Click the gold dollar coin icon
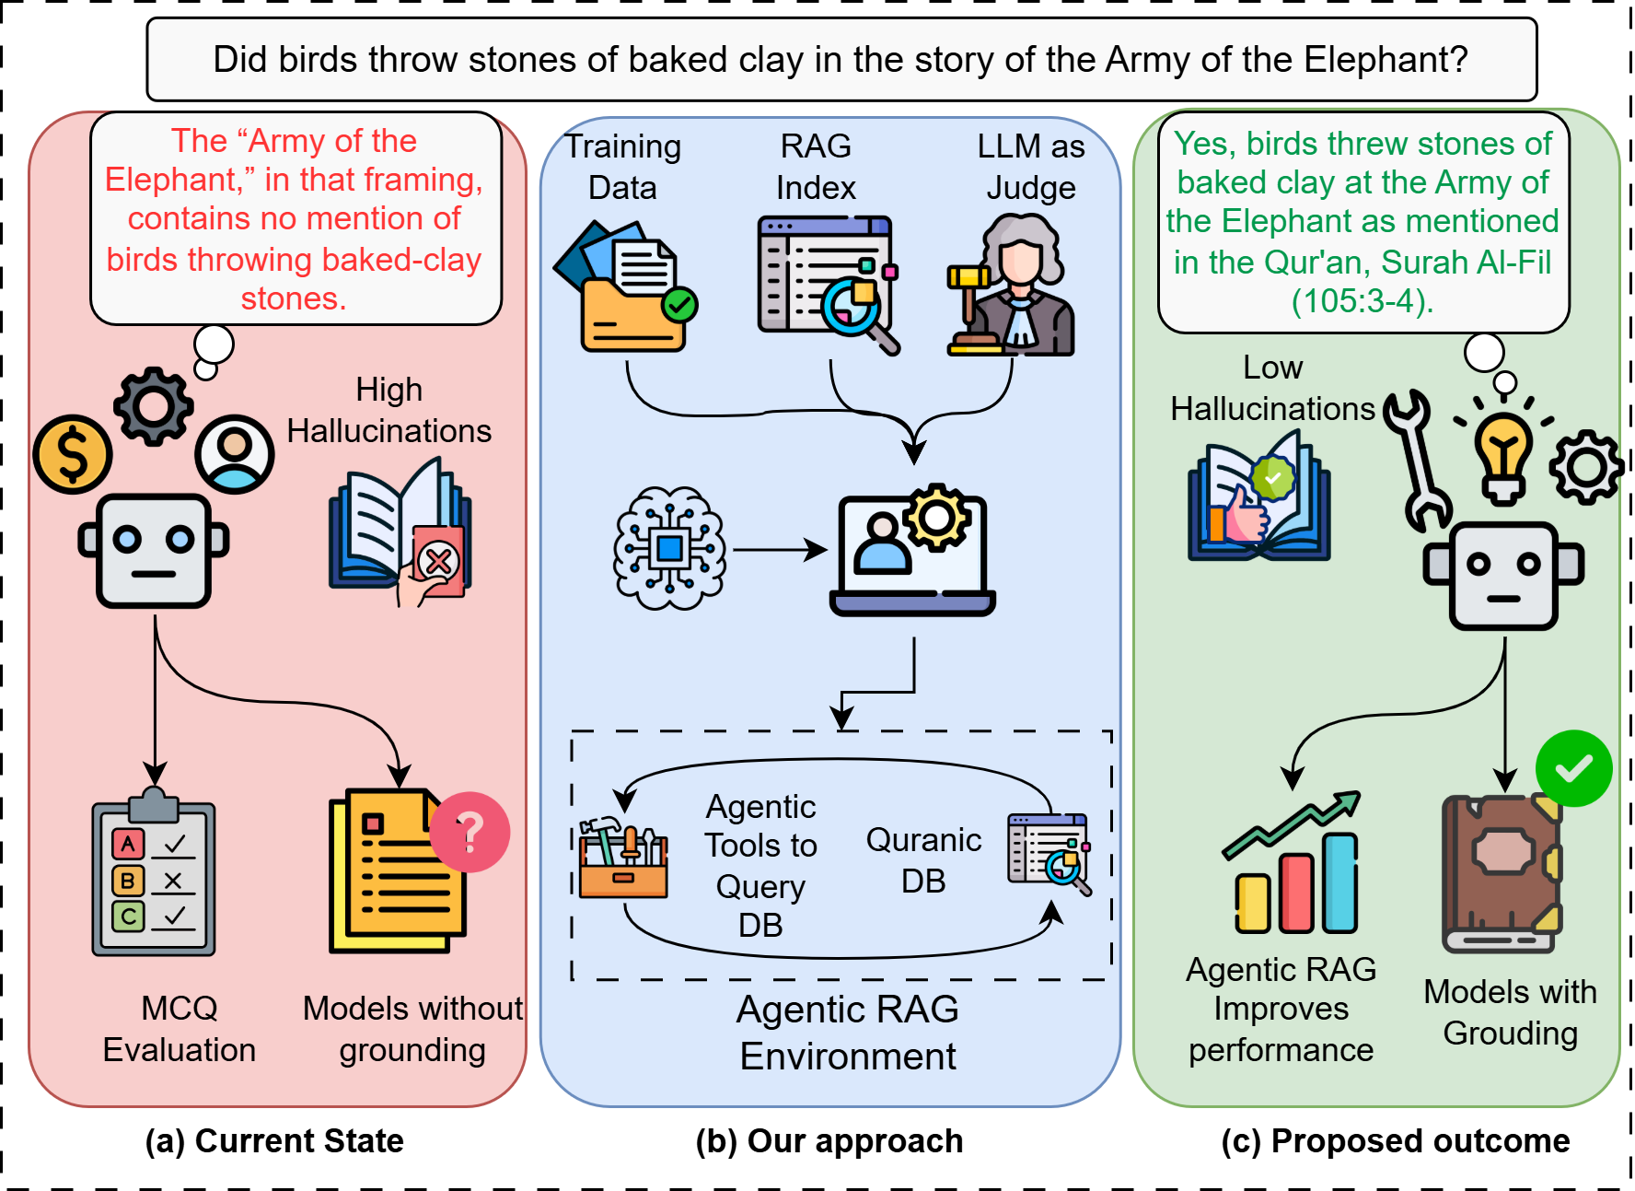tap(73, 454)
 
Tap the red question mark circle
tap(470, 832)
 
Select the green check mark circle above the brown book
tap(1573, 768)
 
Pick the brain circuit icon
tap(669, 549)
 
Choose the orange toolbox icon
tap(623, 858)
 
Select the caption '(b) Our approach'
tap(829, 1140)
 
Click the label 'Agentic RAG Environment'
tap(848, 1033)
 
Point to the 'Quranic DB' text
tap(923, 860)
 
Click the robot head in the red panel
tap(154, 551)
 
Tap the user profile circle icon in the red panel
tap(235, 453)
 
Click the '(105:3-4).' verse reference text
tap(1362, 301)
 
